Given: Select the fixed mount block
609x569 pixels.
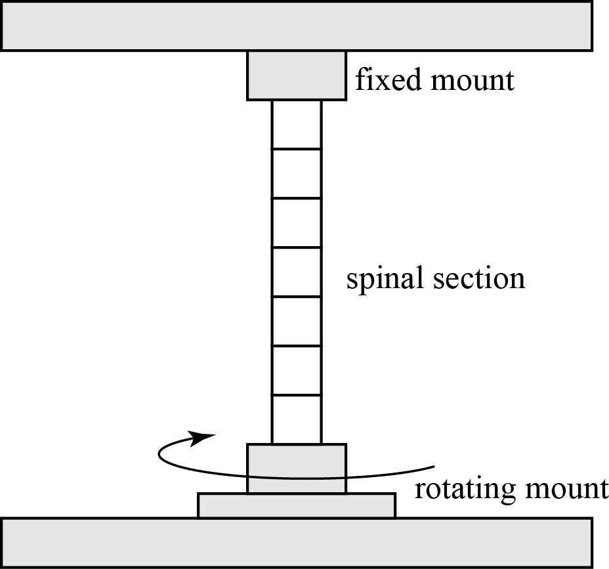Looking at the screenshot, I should click(297, 76).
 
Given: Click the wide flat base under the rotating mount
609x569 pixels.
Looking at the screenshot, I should click(297, 505).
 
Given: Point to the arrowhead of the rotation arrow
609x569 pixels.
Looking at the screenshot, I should click(204, 437).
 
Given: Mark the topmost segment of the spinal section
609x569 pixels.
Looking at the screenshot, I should click(297, 125).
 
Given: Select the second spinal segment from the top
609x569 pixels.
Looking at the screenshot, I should click(297, 174).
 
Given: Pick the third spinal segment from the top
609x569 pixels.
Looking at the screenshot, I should click(297, 223).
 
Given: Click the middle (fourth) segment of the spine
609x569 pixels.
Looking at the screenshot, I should click(297, 272).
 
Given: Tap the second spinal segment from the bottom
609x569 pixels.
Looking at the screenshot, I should click(297, 371).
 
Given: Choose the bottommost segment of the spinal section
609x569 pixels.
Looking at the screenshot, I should click(297, 420).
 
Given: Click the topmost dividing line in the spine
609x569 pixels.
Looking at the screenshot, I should click(297, 149).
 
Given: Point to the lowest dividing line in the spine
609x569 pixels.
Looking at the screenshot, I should click(297, 395).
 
